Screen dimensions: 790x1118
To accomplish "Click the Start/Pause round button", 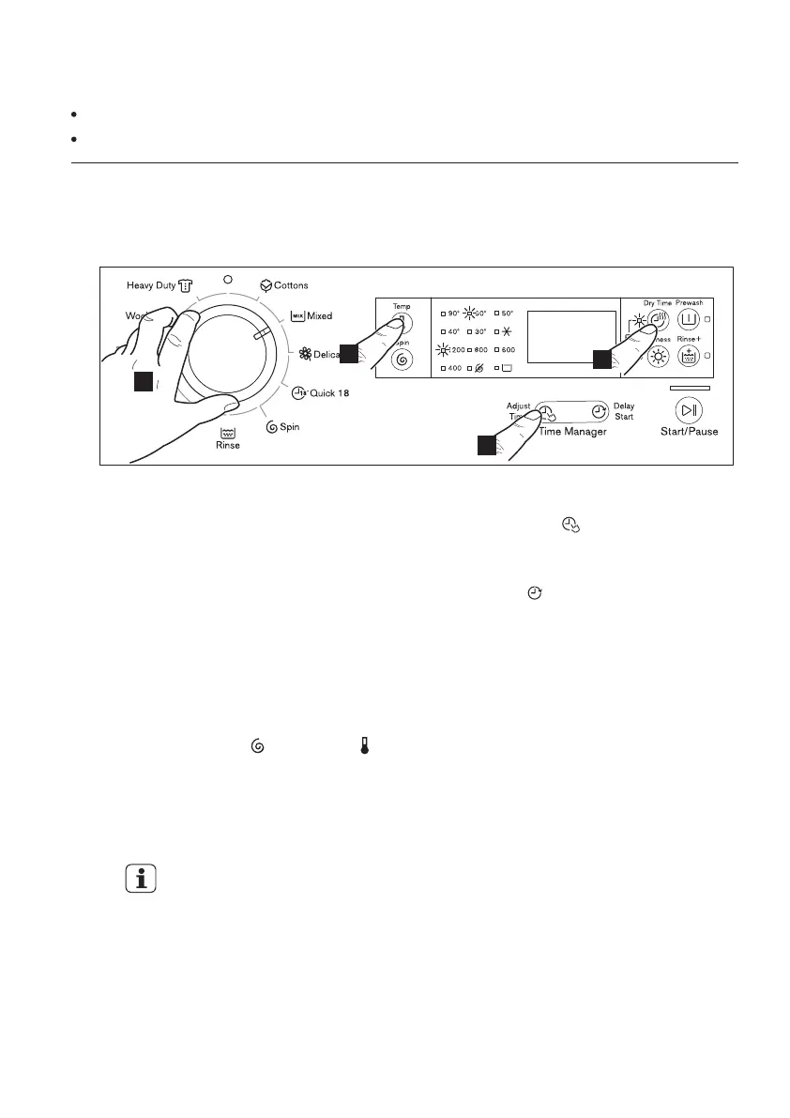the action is tap(690, 409).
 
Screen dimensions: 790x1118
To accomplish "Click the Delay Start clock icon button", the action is tap(598, 411).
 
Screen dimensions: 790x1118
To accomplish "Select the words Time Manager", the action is tap(572, 432).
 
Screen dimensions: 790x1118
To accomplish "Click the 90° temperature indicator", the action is tap(453, 313).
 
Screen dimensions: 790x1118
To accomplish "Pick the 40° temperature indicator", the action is tap(453, 331).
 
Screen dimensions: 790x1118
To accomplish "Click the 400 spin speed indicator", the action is tap(453, 368).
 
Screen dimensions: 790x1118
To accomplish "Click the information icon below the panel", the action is tap(141, 881).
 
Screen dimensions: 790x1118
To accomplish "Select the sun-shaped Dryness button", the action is tap(660, 357).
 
